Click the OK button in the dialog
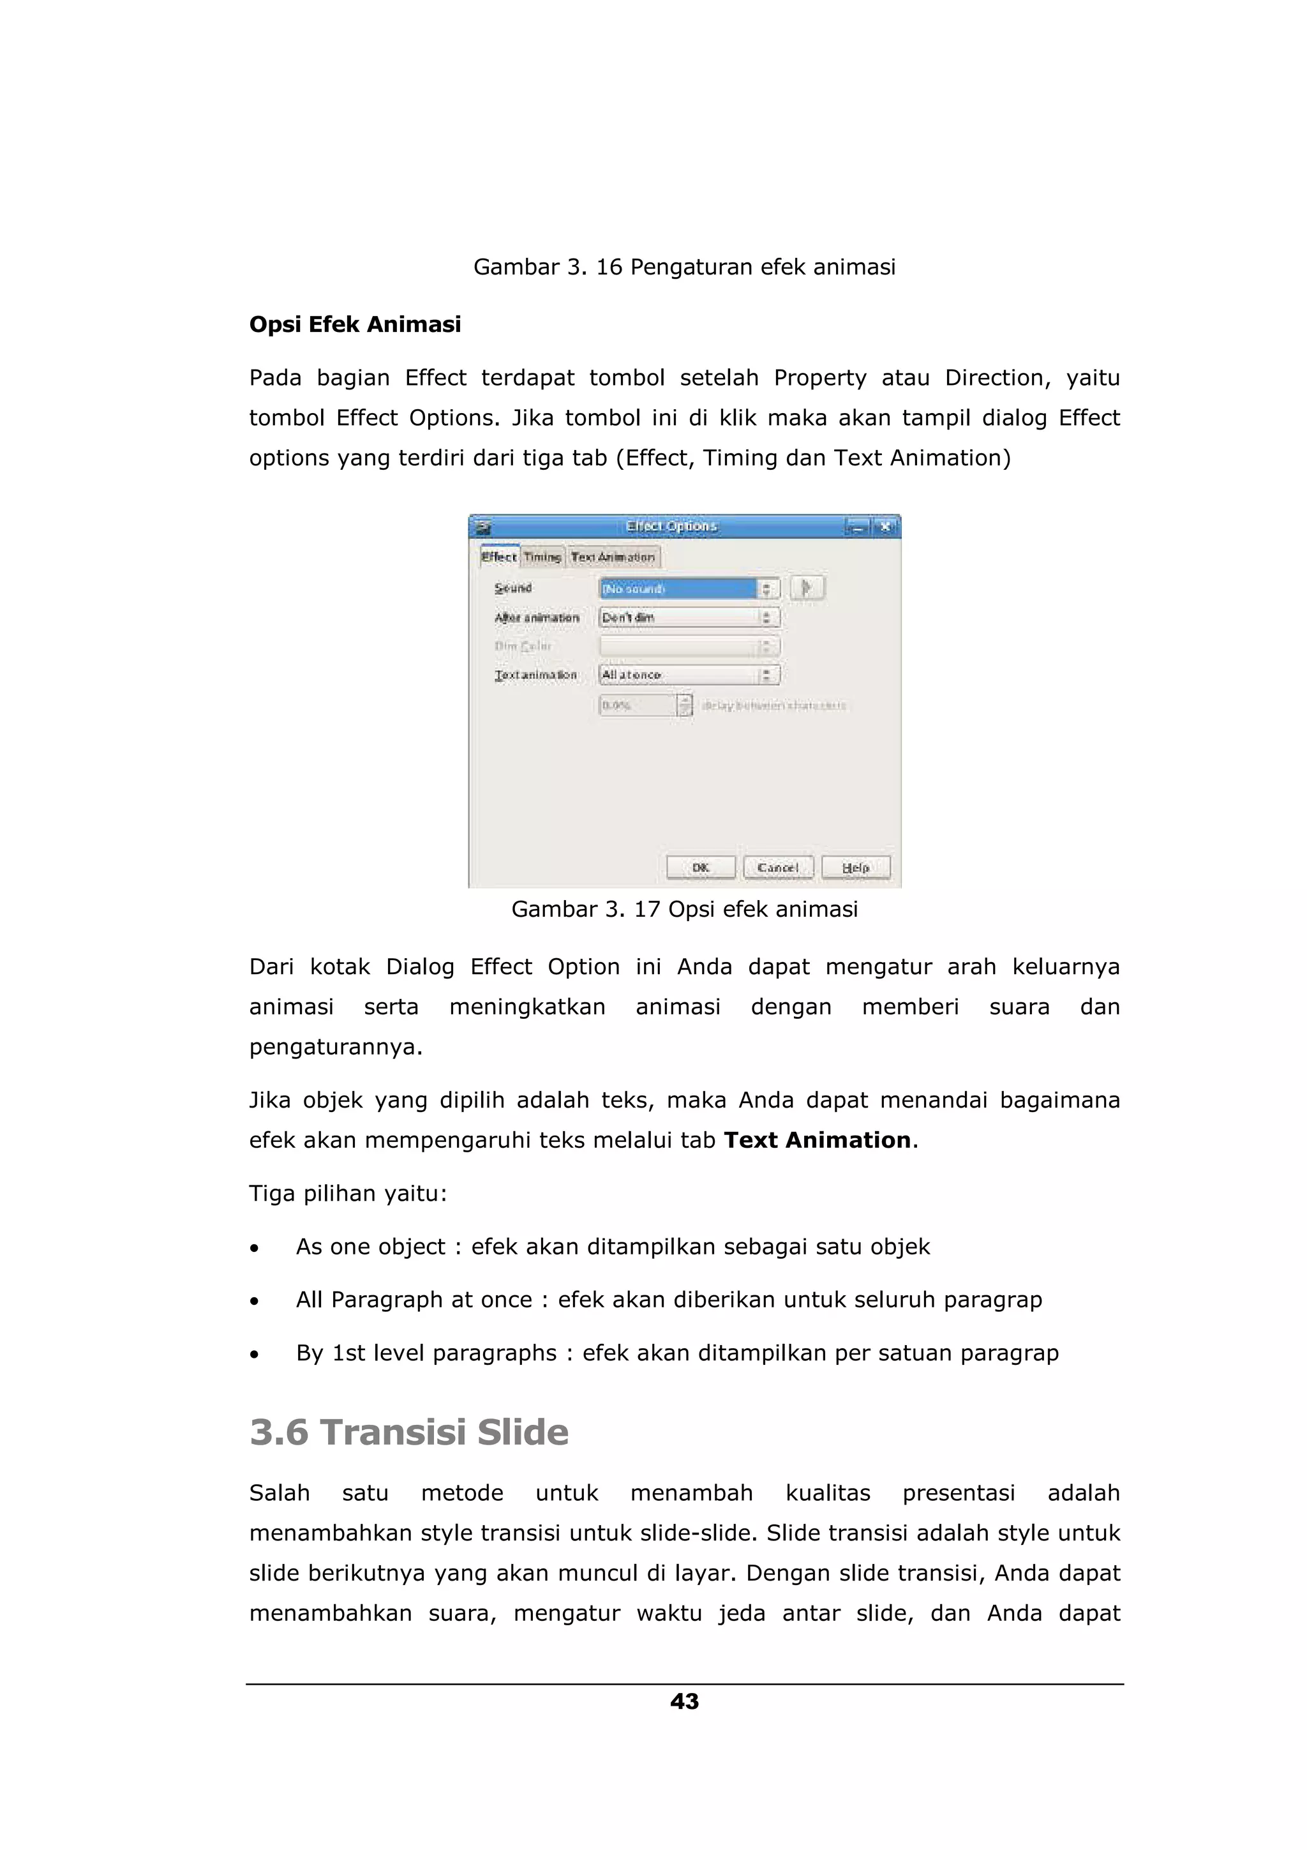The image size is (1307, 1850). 701,868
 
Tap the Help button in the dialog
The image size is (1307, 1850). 856,868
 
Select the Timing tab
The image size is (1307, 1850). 542,557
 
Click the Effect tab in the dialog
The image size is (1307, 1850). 498,557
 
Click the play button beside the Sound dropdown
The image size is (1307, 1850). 807,588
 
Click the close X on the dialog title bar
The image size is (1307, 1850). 886,527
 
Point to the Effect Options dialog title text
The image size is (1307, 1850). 671,526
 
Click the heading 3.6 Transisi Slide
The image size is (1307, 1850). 408,1433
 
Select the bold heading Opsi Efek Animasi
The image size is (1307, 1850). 355,325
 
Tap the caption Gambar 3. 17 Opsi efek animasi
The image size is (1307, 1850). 685,910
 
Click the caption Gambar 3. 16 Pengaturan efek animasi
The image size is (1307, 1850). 685,267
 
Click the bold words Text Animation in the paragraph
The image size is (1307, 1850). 818,1141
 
